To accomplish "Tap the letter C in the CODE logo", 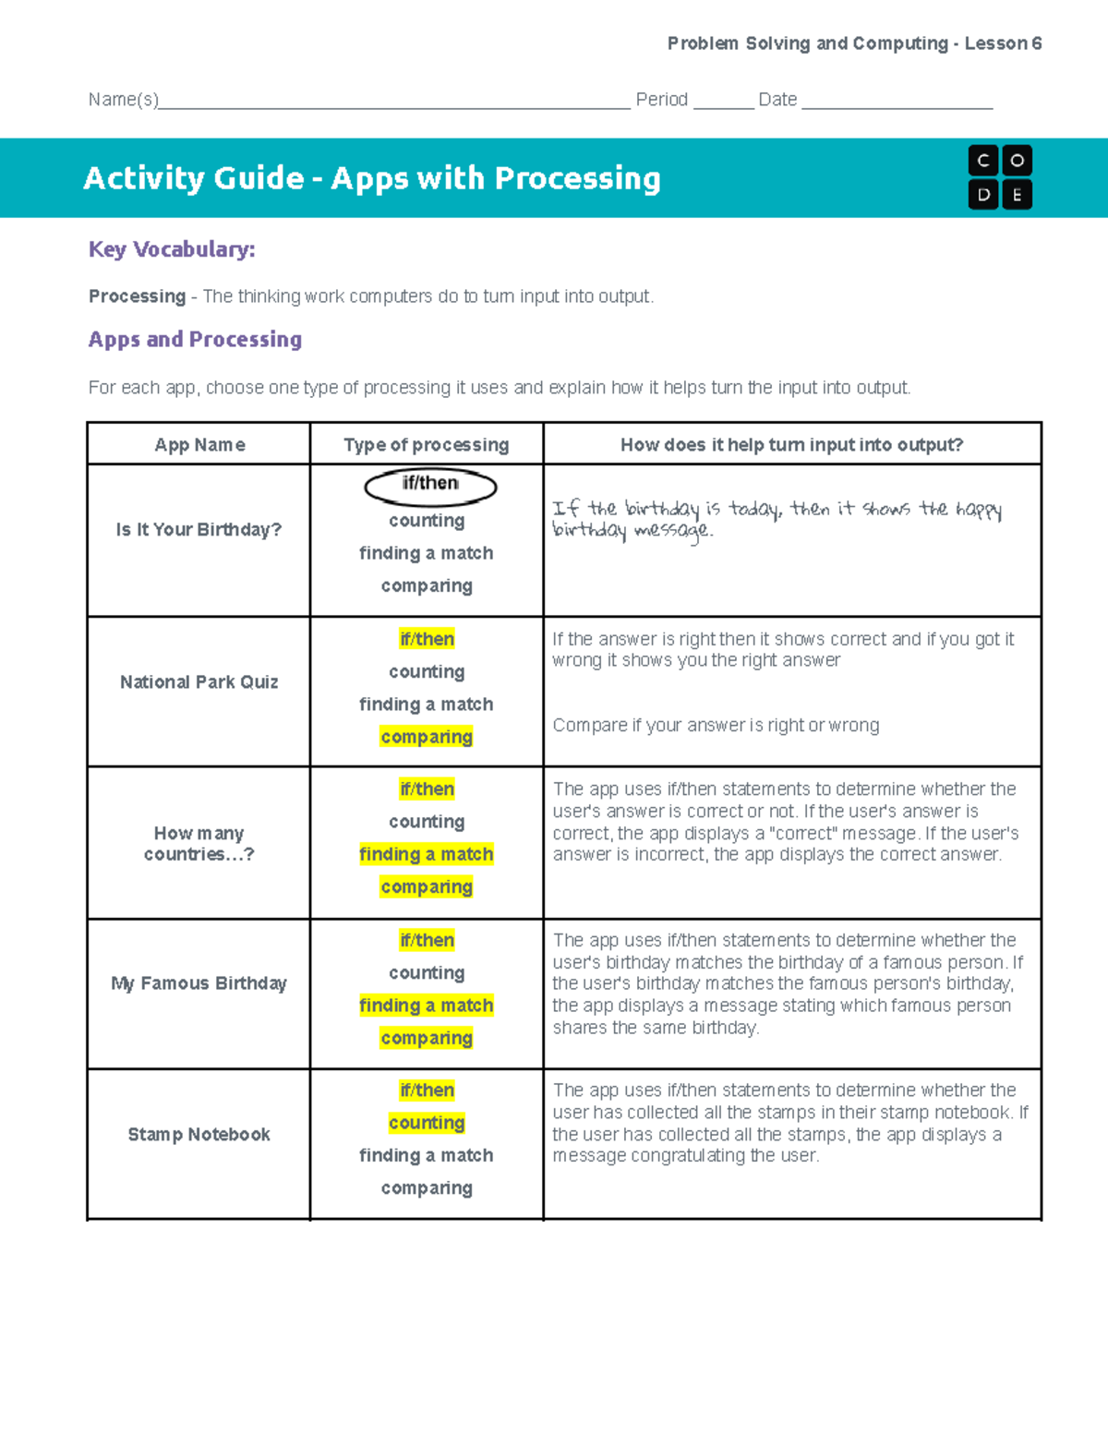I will click(983, 161).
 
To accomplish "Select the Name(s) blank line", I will click(394, 102).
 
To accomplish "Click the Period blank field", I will click(723, 102).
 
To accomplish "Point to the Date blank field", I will click(897, 102).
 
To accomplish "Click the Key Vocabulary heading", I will click(172, 249).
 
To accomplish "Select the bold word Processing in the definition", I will click(137, 296).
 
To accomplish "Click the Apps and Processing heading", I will click(195, 340).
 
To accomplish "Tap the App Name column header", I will click(199, 445).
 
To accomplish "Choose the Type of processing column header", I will click(426, 445).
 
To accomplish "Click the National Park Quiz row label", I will click(199, 682).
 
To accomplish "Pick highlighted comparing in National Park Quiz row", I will click(427, 737).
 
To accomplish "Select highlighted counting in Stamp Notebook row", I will click(427, 1123).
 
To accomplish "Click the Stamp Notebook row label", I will click(199, 1135).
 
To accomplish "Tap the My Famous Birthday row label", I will click(199, 983).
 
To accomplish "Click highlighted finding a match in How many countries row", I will click(427, 855).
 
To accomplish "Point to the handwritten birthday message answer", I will click(776, 519).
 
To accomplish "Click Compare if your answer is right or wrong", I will click(716, 726).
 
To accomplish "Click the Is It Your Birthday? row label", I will click(199, 530).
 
